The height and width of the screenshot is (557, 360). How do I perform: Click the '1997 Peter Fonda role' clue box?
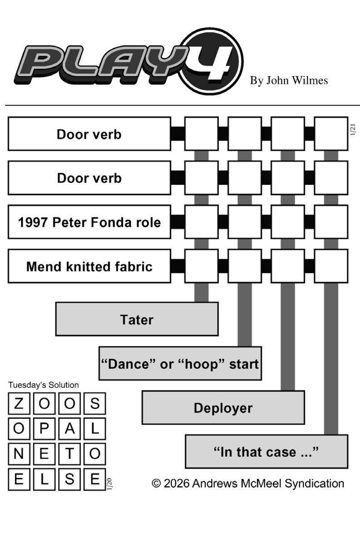(89, 222)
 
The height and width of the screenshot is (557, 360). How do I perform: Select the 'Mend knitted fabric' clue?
(89, 266)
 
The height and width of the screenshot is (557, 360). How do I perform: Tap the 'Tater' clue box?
(137, 319)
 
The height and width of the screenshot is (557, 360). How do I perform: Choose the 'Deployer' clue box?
(223, 408)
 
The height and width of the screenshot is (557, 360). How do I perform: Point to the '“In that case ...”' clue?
(266, 452)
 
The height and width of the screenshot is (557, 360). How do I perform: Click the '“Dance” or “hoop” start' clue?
(180, 364)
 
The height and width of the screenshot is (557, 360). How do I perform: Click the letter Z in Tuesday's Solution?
(19, 404)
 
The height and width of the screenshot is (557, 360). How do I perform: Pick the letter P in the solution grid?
(44, 429)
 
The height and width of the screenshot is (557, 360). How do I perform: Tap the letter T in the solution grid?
(69, 454)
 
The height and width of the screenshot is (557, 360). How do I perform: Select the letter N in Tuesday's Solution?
(19, 454)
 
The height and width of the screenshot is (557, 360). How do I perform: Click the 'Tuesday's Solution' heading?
(44, 385)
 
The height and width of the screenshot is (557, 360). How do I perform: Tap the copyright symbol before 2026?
(156, 483)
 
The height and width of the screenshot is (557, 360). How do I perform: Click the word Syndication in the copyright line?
(314, 483)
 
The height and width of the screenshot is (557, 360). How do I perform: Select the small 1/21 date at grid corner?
(353, 129)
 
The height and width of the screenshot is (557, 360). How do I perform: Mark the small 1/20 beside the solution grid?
(110, 484)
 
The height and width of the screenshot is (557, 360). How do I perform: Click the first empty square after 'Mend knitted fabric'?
(201, 266)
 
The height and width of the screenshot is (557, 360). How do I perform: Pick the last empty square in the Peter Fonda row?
(331, 222)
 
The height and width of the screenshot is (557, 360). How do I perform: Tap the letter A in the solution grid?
(69, 429)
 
